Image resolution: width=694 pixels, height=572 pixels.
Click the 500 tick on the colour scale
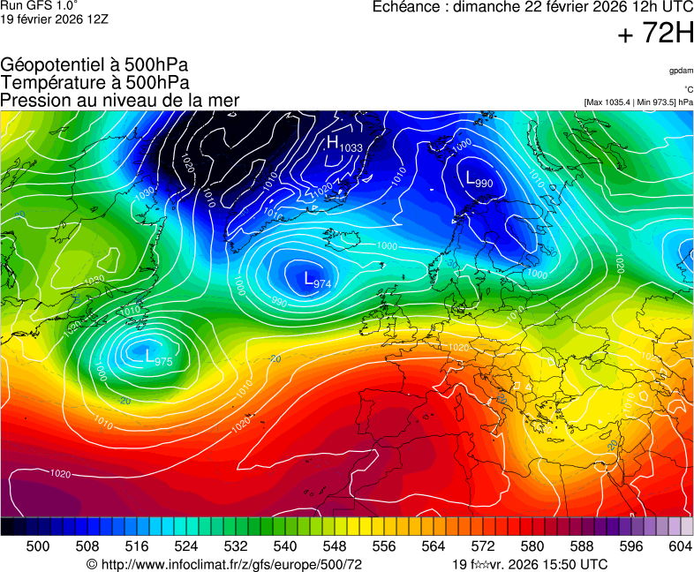[x=38, y=546]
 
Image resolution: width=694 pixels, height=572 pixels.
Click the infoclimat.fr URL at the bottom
[x=224, y=564]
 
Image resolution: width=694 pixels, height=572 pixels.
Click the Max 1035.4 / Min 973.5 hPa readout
[x=638, y=102]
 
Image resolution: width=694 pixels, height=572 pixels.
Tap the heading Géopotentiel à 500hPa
[x=94, y=65]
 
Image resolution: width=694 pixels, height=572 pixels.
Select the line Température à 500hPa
[x=94, y=82]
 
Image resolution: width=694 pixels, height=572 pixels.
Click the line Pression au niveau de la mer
[x=119, y=100]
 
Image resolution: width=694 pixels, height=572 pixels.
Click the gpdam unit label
[x=680, y=71]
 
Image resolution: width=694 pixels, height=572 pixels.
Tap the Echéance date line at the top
[x=533, y=7]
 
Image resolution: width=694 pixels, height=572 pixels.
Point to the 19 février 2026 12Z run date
[x=55, y=18]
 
